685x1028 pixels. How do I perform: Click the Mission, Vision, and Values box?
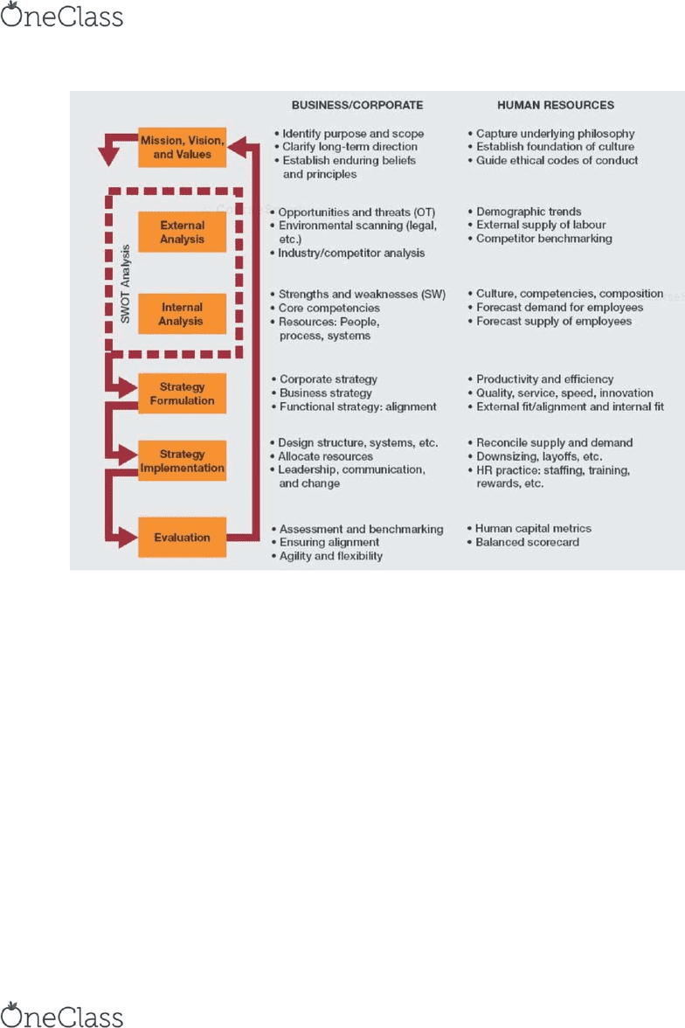coord(183,148)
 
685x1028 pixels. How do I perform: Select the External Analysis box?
coord(183,233)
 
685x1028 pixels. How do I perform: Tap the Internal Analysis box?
coord(183,314)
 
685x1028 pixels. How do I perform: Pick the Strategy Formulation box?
coord(183,393)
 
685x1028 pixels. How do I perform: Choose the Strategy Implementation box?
coord(183,461)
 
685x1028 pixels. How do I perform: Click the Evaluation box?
coord(183,538)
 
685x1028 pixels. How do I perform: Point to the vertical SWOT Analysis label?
coord(125,284)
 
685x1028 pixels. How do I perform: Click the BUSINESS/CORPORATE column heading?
coord(357,105)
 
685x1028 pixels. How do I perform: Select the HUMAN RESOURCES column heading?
coord(556,105)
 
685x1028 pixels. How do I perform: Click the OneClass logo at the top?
coord(62,16)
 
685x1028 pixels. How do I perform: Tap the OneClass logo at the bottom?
coord(62,1015)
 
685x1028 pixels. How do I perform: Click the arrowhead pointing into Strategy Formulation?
coord(128,387)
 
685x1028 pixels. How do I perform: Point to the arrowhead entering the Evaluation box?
coord(128,538)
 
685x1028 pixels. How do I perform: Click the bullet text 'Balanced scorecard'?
coord(527,542)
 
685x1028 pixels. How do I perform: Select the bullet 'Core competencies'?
coord(329,308)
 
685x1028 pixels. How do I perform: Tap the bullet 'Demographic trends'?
coord(529,212)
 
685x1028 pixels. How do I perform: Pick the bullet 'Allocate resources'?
coord(325,456)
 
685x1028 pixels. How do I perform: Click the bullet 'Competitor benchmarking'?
coord(544,239)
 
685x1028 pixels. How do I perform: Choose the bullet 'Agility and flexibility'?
coord(331,556)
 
